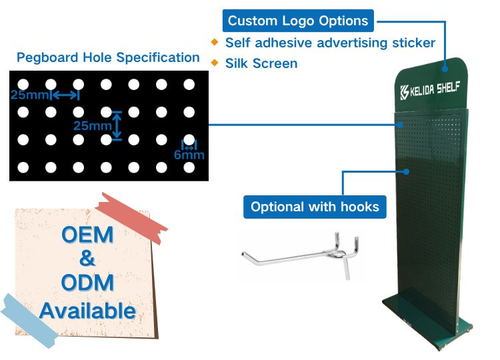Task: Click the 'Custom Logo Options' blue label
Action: [x=298, y=21]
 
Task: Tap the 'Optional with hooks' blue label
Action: [x=315, y=207]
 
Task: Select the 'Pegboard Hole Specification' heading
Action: [x=108, y=57]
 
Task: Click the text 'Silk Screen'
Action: [x=261, y=63]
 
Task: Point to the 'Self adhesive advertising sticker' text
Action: [x=330, y=43]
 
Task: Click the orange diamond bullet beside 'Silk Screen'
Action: [x=215, y=63]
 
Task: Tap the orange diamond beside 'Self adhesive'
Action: [x=215, y=42]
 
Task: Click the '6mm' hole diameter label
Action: [x=189, y=155]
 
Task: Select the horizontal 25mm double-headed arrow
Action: [x=65, y=95]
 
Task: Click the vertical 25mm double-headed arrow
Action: [x=117, y=125]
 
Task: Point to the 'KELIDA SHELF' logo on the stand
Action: [x=430, y=90]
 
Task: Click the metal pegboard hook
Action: [x=301, y=255]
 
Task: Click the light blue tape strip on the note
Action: [x=29, y=321]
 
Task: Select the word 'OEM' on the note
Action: [x=87, y=235]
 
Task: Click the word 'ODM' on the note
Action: [x=87, y=283]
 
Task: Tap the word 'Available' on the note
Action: [x=88, y=311]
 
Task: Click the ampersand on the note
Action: [x=87, y=258]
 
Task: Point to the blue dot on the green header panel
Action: [x=445, y=69]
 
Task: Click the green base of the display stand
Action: [x=427, y=322]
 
